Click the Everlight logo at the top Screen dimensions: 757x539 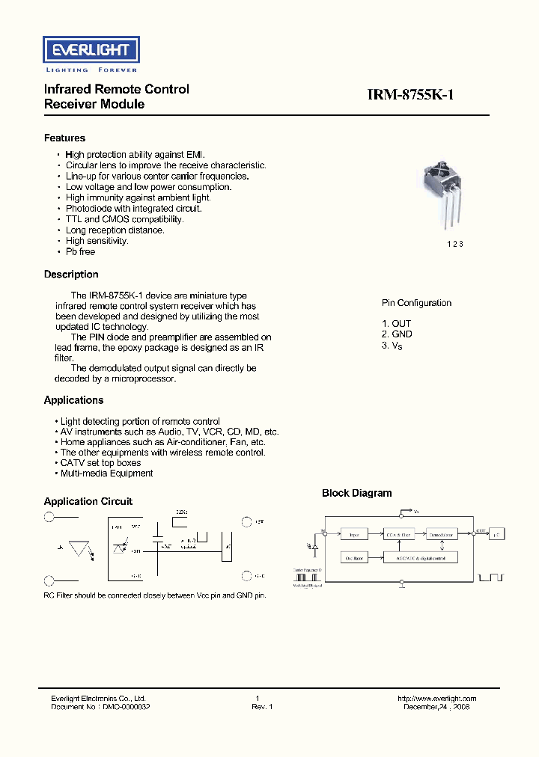click(90, 51)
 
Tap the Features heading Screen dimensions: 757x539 click(64, 138)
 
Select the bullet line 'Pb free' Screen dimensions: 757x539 click(80, 252)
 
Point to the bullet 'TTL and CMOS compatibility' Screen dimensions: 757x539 click(124, 219)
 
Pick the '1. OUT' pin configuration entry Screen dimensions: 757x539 click(396, 324)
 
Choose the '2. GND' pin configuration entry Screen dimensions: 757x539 click(397, 334)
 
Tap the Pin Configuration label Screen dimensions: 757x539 click(416, 303)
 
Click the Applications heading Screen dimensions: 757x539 click(73, 400)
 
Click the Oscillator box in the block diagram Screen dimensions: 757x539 click(355, 558)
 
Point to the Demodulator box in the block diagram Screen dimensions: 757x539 click(443, 534)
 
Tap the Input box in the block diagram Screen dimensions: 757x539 click(355, 534)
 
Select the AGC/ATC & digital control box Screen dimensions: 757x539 click(419, 558)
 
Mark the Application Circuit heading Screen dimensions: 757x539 click(88, 502)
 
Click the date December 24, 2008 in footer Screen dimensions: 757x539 click(436, 707)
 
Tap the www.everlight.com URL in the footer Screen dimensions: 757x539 click(437, 699)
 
